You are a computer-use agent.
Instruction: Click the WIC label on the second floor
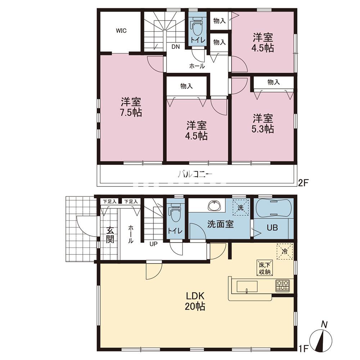pyautogui.click(x=121, y=31)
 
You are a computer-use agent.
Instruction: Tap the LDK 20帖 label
pyautogui.click(x=195, y=301)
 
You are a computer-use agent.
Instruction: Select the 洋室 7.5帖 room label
pyautogui.click(x=131, y=107)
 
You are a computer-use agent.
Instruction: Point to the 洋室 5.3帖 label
pyautogui.click(x=263, y=123)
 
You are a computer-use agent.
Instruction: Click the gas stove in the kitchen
pyautogui.click(x=282, y=285)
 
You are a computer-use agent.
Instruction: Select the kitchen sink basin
pyautogui.click(x=247, y=286)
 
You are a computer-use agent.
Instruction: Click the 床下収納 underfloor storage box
pyautogui.click(x=265, y=268)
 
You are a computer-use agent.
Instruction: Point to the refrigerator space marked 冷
pyautogui.click(x=285, y=251)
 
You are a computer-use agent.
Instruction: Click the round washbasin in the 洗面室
pyautogui.click(x=214, y=205)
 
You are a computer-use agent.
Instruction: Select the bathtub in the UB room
pyautogui.click(x=273, y=208)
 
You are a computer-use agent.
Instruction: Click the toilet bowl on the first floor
pyautogui.click(x=176, y=213)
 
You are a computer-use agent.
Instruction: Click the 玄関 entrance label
pyautogui.click(x=110, y=234)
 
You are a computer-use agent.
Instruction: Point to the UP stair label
pyautogui.click(x=153, y=244)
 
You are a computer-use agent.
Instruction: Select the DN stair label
pyautogui.click(x=176, y=46)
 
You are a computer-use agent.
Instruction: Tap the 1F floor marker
pyautogui.click(x=303, y=355)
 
